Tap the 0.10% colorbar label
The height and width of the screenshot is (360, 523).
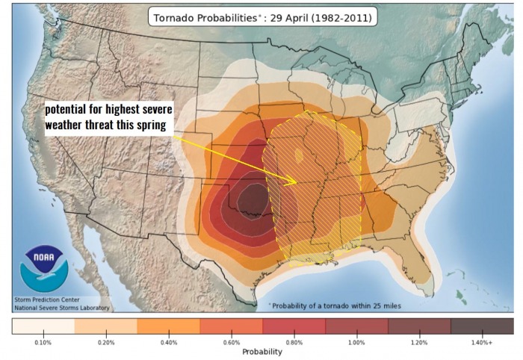coord(43,341)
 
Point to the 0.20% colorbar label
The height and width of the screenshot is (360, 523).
coord(105,341)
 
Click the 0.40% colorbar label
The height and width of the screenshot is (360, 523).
coord(168,341)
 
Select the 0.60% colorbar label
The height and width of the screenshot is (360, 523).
coord(231,341)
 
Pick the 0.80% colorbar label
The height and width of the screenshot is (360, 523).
coord(294,341)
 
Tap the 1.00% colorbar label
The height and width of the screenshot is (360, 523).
coord(356,341)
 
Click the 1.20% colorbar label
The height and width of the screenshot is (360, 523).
coord(419,341)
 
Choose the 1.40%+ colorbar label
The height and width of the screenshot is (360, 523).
coord(482,341)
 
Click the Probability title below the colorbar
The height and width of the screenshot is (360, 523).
coord(261,351)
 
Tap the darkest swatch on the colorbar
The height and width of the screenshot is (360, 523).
coord(482,326)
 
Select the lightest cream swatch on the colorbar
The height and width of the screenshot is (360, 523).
coord(43,326)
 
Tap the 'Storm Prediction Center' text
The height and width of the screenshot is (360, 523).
coord(44,300)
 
